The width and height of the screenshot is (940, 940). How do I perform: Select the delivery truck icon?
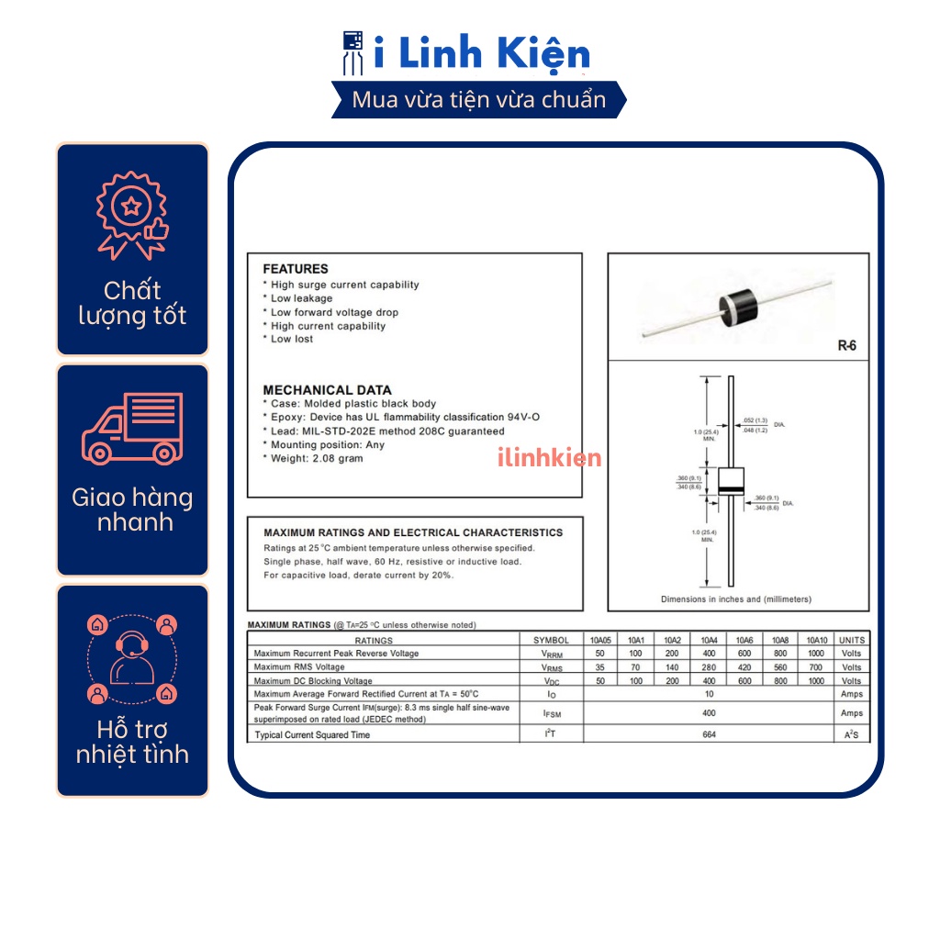click(x=132, y=428)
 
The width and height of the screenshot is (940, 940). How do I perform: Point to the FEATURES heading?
click(x=295, y=269)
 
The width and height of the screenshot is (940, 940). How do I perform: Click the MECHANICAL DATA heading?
click(x=327, y=390)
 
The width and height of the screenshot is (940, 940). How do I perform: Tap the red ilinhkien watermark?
click(x=549, y=457)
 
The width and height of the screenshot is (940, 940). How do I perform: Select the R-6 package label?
click(x=846, y=346)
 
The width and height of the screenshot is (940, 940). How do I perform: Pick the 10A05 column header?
click(x=600, y=640)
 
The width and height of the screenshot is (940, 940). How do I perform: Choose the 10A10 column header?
click(x=816, y=640)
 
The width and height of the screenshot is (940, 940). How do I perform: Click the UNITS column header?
click(x=851, y=640)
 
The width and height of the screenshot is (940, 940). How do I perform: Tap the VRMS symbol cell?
click(x=551, y=667)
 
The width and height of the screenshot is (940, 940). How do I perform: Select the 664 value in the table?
click(x=709, y=734)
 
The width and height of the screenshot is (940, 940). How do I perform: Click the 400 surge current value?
click(x=709, y=713)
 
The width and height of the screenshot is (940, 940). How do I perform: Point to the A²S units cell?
click(x=851, y=734)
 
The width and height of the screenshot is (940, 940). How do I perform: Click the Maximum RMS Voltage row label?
click(x=299, y=667)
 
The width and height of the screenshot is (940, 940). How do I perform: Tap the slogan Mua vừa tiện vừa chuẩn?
click(x=479, y=100)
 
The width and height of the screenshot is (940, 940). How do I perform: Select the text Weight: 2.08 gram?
click(x=316, y=458)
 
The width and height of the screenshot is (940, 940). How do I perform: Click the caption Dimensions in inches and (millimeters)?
click(x=736, y=599)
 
